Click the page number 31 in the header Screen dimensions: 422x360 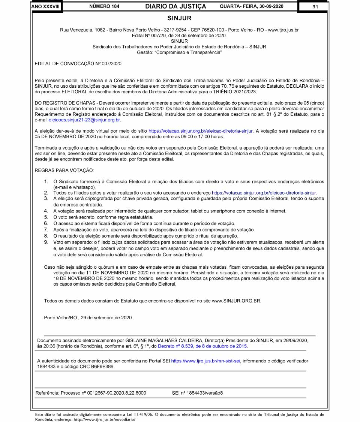(315, 6)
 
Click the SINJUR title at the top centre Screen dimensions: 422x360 (179, 18)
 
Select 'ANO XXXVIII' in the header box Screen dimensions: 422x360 (46, 6)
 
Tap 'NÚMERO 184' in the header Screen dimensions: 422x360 (105, 6)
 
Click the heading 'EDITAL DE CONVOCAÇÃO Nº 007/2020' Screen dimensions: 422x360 (78, 64)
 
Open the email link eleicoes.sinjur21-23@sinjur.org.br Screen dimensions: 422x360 (85, 120)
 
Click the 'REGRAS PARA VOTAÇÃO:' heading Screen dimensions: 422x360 (64, 170)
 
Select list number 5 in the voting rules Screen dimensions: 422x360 (46, 217)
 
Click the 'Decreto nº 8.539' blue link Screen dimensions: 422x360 (202, 346)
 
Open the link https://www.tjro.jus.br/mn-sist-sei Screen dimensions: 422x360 (206, 361)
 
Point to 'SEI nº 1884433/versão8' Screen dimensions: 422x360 (197, 393)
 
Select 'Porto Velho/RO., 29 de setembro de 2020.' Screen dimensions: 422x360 (88, 318)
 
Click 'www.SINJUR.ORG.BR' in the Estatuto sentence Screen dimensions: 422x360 (236, 301)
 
